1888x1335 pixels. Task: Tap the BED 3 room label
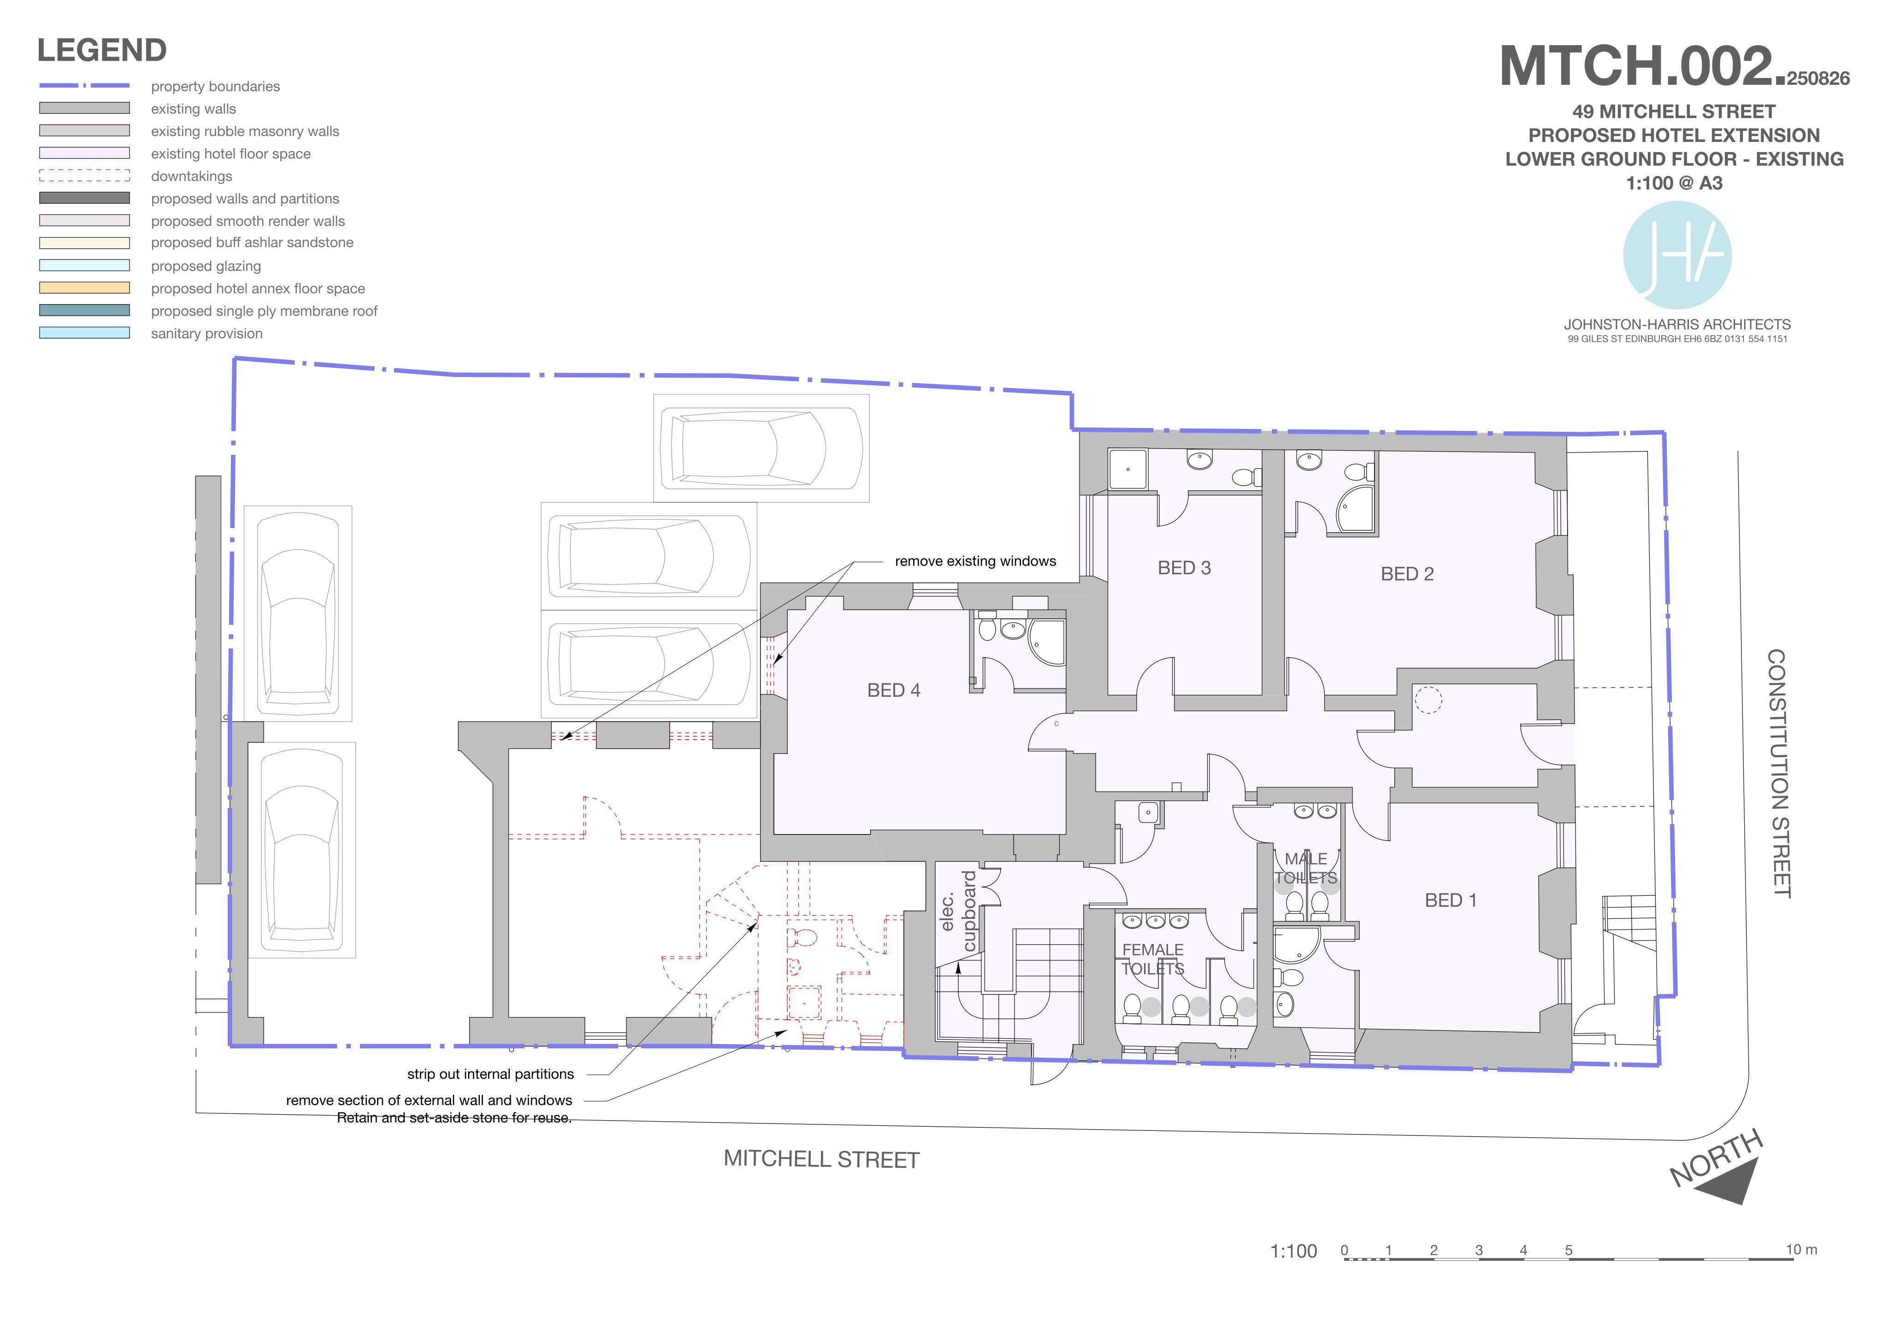(1184, 568)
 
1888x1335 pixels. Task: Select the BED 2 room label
(1407, 574)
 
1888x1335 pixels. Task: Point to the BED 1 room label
(1451, 900)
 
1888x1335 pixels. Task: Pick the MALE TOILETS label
(1306, 868)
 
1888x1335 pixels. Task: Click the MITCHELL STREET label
(821, 1159)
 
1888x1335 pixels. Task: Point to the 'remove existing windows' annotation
(975, 561)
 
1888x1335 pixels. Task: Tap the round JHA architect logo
(1677, 255)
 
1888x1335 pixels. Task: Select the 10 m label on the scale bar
(1801, 1249)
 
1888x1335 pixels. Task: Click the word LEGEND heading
(102, 50)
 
